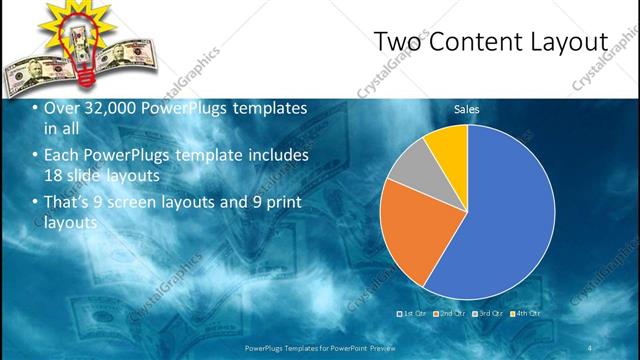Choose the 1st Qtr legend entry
(414, 313)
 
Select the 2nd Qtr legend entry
(450, 313)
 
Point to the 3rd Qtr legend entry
(487, 313)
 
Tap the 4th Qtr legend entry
(524, 313)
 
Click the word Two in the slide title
(396, 42)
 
